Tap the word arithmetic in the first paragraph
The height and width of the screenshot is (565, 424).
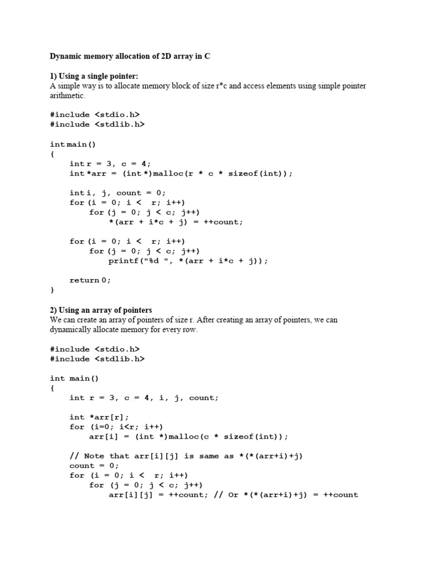point(67,95)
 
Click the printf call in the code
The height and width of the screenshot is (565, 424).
point(188,261)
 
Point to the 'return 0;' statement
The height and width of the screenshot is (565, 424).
point(90,280)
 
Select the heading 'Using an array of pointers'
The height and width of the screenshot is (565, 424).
point(104,310)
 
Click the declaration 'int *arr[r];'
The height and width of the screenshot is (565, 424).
point(103,417)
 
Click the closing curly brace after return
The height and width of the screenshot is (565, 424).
point(52,290)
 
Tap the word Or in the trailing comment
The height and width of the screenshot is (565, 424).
point(233,495)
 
